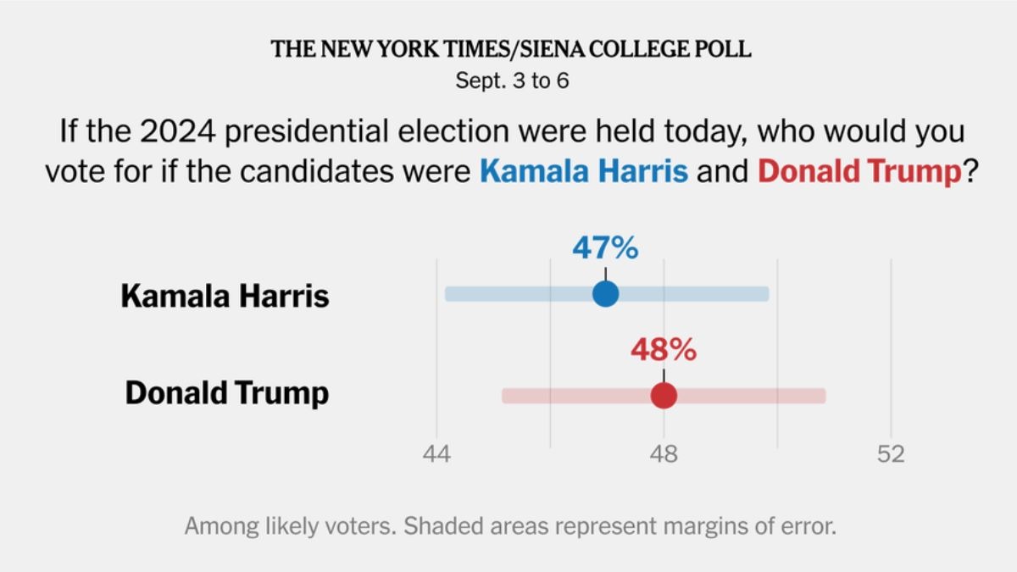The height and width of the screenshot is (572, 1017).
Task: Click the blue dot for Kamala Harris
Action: click(x=605, y=294)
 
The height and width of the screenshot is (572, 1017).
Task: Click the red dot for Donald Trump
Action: click(x=664, y=396)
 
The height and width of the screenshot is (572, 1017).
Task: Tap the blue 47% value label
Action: click(x=604, y=248)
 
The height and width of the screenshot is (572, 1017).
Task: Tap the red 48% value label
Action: click(x=663, y=349)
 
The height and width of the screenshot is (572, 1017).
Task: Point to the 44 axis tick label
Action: click(x=437, y=454)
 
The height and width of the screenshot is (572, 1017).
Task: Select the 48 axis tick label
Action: click(x=664, y=454)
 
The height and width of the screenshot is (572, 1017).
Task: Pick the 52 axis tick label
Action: click(x=891, y=454)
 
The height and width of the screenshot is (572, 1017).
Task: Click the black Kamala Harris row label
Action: click(x=225, y=297)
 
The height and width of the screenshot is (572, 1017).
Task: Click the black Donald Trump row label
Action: click(x=227, y=394)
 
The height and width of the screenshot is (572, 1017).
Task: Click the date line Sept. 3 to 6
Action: click(x=509, y=81)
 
